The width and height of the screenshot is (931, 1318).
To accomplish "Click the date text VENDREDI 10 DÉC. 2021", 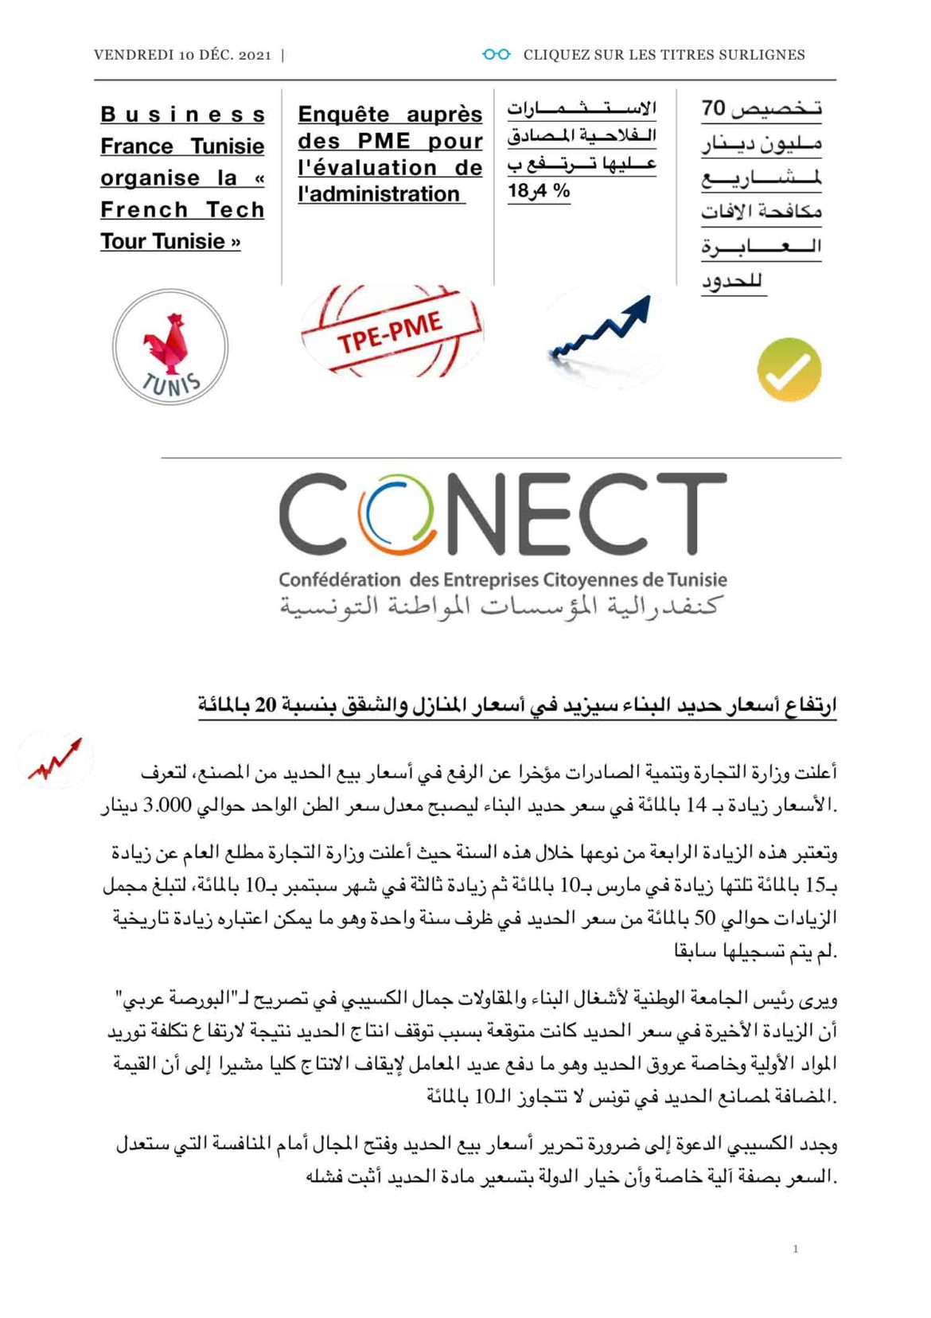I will pos(182,55).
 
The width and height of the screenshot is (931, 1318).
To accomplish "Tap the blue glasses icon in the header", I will pos(497,54).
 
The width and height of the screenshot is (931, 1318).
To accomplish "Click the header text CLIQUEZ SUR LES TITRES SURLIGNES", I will pos(664,55).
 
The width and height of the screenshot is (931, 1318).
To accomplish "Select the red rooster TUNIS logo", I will pos(170,347).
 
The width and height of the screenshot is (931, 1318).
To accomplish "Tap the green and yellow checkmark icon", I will pos(788,369).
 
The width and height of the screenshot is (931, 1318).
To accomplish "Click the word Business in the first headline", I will pos(182,115).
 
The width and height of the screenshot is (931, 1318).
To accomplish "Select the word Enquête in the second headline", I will pos(344,115).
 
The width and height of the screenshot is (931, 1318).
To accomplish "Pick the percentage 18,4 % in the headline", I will pos(539,192).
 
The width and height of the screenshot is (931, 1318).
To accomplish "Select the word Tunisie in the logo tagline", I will pos(697,579).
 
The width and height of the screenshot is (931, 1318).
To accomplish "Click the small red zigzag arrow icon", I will pos(55,761).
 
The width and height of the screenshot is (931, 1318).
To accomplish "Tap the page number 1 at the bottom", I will pos(795,1249).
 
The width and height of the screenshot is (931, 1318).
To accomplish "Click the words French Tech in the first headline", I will pos(182,210).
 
